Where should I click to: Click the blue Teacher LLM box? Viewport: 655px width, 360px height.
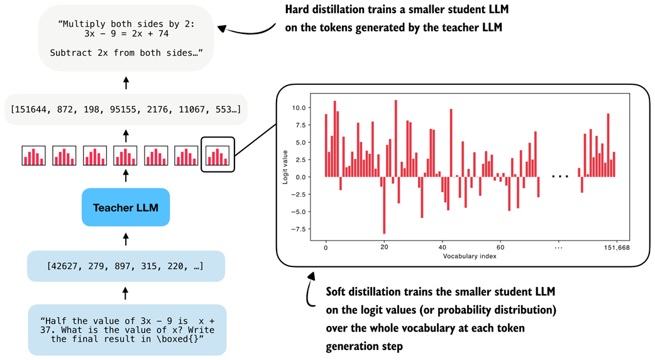click(126, 207)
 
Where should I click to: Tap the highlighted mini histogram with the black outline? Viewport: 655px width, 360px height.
click(217, 155)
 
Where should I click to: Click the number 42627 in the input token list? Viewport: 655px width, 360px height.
click(65, 266)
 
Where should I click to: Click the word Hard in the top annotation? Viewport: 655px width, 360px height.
click(299, 11)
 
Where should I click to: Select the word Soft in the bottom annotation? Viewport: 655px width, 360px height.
click(338, 293)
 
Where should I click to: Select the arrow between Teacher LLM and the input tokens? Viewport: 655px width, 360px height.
click(126, 239)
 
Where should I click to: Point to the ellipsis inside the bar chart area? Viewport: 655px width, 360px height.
click(560, 177)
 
